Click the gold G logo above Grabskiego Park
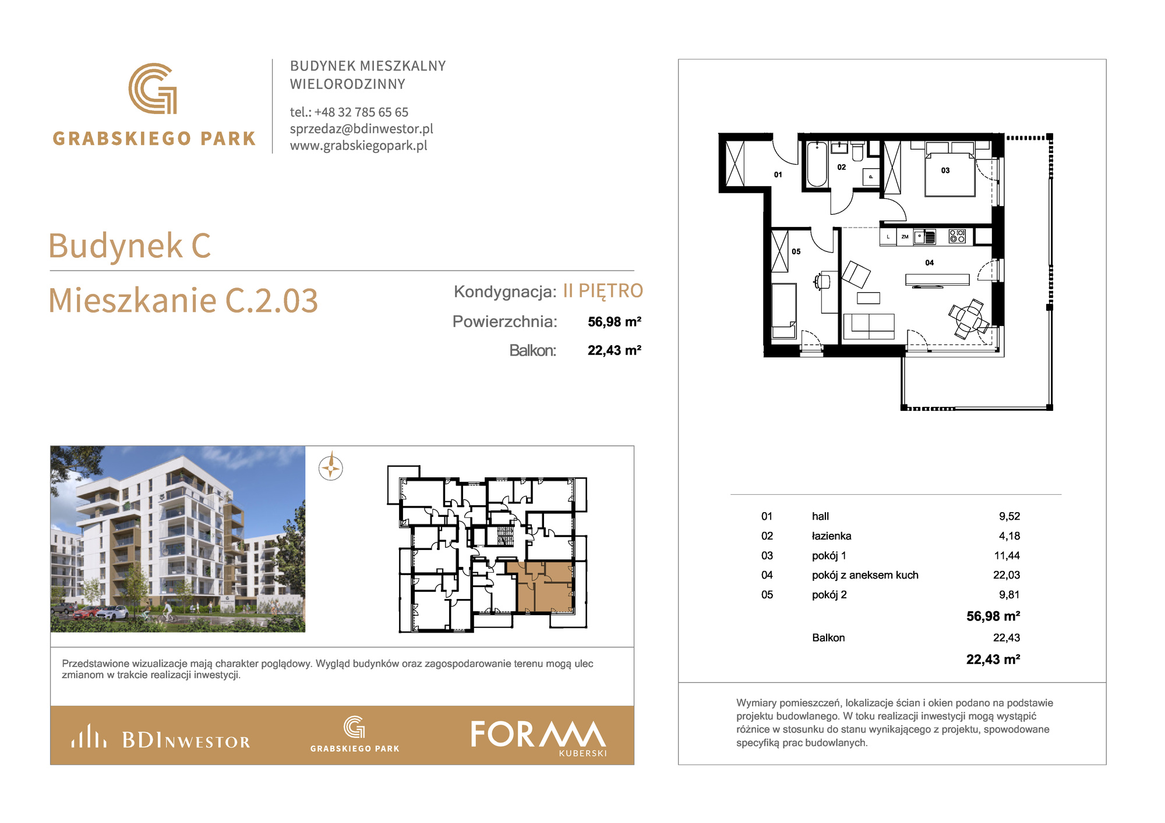pos(153,88)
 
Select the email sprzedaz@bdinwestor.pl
pos(362,129)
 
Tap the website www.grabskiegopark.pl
pos(359,146)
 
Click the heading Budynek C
pos(129,245)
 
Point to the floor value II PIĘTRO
pos(603,290)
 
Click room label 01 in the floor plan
pos(778,175)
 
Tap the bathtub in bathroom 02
pos(817,164)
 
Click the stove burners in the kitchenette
pos(957,236)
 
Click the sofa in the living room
pos(869,327)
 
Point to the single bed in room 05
pos(784,311)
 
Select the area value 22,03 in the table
pos(1007,575)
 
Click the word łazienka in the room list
pos(831,536)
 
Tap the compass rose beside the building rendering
pos(331,467)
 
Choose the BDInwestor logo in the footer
pos(161,737)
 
